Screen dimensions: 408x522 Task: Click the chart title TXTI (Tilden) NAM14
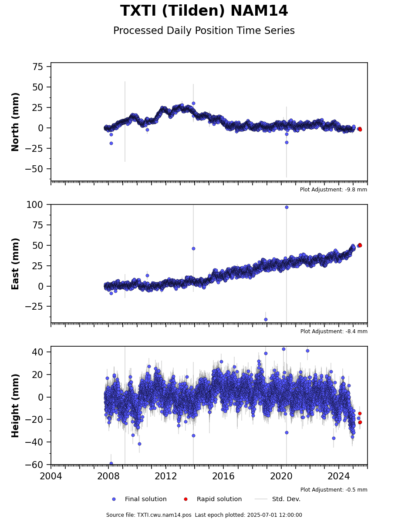click(x=204, y=11)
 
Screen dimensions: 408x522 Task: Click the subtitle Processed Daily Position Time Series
click(x=204, y=31)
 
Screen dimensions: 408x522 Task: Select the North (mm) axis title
click(x=15, y=122)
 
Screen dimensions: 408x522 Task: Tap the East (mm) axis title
click(x=15, y=264)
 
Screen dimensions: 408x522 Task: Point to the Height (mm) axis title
click(x=15, y=405)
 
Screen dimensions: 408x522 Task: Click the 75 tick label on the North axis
click(x=37, y=67)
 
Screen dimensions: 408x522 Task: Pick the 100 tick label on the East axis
click(x=34, y=205)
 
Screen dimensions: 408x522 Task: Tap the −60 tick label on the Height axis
click(x=34, y=464)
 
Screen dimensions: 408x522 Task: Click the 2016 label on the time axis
click(x=223, y=476)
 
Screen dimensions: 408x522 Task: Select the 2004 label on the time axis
click(x=51, y=476)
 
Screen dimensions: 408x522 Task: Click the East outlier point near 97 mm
click(x=287, y=207)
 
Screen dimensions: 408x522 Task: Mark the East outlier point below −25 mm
click(x=266, y=319)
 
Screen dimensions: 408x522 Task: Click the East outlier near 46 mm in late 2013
click(x=193, y=249)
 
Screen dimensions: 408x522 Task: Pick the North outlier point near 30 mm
click(x=193, y=103)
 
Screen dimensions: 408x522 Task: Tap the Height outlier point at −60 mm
click(x=111, y=463)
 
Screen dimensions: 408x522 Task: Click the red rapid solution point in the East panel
click(x=360, y=245)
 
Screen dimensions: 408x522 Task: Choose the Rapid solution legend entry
click(x=213, y=499)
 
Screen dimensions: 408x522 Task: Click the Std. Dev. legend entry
click(x=278, y=499)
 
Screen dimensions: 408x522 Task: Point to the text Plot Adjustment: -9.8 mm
click(x=334, y=190)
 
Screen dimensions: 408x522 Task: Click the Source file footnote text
click(x=204, y=515)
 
